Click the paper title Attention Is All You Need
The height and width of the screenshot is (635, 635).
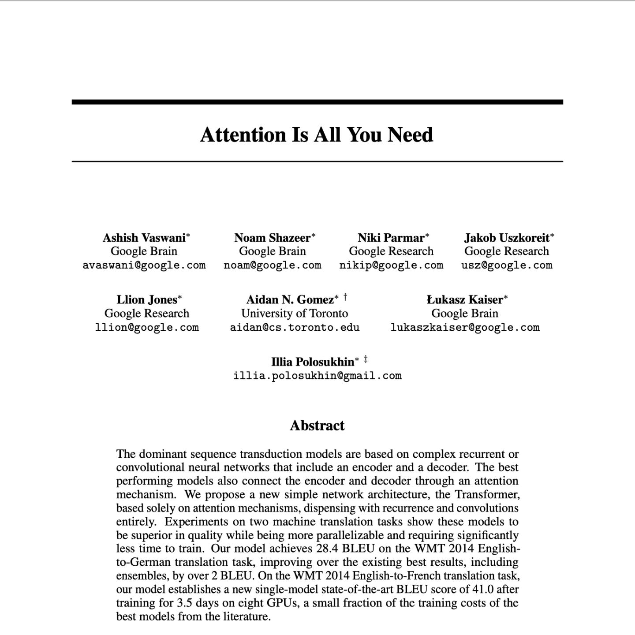(x=317, y=134)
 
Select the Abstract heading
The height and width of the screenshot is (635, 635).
(x=317, y=426)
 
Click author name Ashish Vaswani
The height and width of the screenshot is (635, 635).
(x=144, y=238)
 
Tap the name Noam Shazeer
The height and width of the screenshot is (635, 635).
(x=272, y=238)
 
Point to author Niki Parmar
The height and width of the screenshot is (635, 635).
(x=391, y=238)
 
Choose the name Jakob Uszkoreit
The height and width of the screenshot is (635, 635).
(x=507, y=238)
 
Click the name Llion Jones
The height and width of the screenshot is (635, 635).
(x=146, y=300)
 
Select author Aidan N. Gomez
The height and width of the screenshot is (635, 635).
(x=290, y=300)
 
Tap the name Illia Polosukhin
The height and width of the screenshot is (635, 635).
(x=313, y=362)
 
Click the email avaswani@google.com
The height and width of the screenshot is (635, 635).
(x=144, y=265)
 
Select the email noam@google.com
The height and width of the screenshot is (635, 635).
(x=272, y=265)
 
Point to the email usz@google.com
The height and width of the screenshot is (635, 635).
(x=507, y=265)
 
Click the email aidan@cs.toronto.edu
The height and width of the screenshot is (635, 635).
(x=295, y=328)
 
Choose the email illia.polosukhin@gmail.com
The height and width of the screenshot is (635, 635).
(x=317, y=376)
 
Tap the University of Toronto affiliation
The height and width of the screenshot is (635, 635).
(x=295, y=314)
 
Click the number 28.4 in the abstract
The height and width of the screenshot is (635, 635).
(x=327, y=549)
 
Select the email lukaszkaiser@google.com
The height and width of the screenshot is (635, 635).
(x=465, y=328)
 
